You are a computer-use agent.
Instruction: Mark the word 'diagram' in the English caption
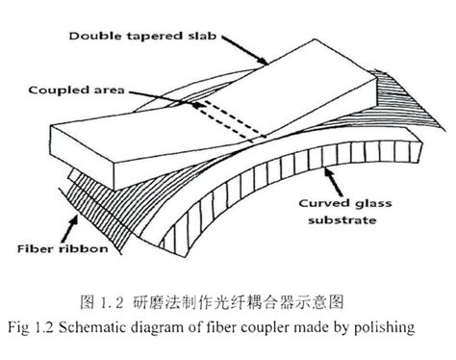(173, 328)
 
